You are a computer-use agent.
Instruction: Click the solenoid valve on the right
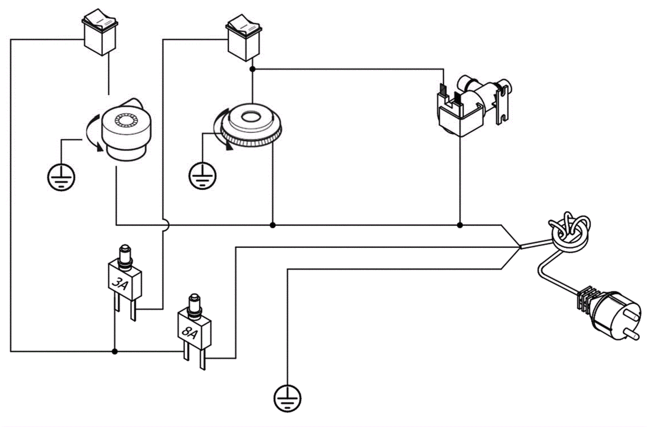click(472, 105)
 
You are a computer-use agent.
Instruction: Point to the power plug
click(614, 314)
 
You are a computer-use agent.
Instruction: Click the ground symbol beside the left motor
click(62, 177)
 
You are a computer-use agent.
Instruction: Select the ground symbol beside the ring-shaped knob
click(202, 175)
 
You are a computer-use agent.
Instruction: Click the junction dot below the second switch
click(252, 69)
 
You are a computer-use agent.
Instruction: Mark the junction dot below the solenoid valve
click(460, 225)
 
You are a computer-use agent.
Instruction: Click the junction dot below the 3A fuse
click(115, 351)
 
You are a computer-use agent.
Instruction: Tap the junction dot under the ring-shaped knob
click(273, 225)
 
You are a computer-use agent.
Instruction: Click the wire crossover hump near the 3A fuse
click(165, 225)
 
